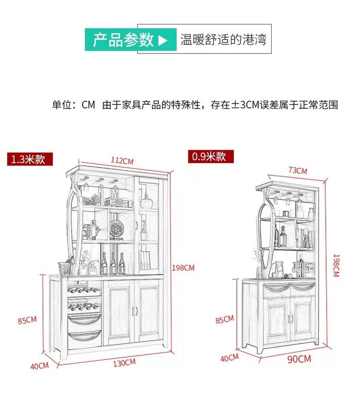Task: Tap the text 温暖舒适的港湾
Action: coord(223,40)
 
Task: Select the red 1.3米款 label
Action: coord(28,159)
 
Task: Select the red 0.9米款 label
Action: coord(209,156)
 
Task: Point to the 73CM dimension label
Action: coord(297,171)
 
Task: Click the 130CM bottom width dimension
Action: coord(124,362)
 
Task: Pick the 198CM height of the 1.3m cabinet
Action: coord(184,267)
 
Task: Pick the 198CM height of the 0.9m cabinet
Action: coord(335,265)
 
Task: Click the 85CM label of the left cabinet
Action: coord(27,320)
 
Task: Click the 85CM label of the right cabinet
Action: coord(224,319)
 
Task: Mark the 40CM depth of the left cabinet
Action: coord(39,366)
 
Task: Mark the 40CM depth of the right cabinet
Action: coord(229,358)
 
